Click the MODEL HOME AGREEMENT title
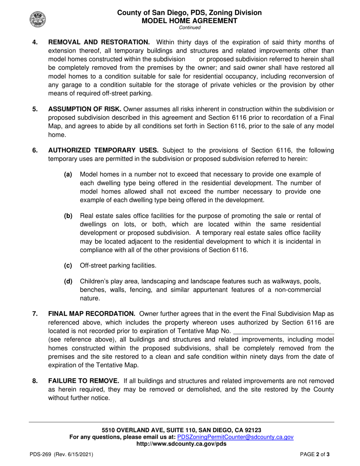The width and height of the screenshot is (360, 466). point(189,21)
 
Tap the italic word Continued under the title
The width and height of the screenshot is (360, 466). point(189,28)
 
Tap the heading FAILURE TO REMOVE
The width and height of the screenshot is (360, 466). point(84,381)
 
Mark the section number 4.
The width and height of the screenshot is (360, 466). point(35,42)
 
